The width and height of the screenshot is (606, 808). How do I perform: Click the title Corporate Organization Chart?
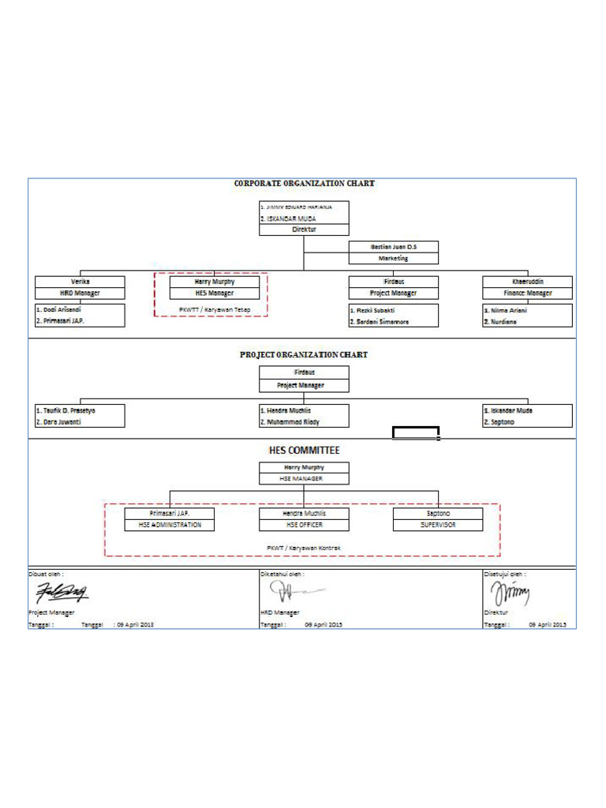(304, 183)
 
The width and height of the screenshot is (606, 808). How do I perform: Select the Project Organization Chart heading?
(304, 354)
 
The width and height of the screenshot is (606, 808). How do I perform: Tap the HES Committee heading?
(304, 451)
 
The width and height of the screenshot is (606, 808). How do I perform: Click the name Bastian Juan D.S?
(393, 247)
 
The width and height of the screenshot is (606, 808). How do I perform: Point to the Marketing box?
(393, 258)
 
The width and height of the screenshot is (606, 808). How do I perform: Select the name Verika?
(80, 281)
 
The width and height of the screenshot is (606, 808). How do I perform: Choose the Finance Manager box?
(528, 293)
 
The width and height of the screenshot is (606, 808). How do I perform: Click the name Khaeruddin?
(528, 281)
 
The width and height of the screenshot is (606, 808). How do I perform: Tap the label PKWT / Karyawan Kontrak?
(304, 546)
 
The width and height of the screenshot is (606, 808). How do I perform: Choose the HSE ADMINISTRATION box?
(170, 525)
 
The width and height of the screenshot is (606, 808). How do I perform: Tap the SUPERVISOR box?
(438, 525)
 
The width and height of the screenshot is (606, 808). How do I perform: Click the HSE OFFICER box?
(304, 525)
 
